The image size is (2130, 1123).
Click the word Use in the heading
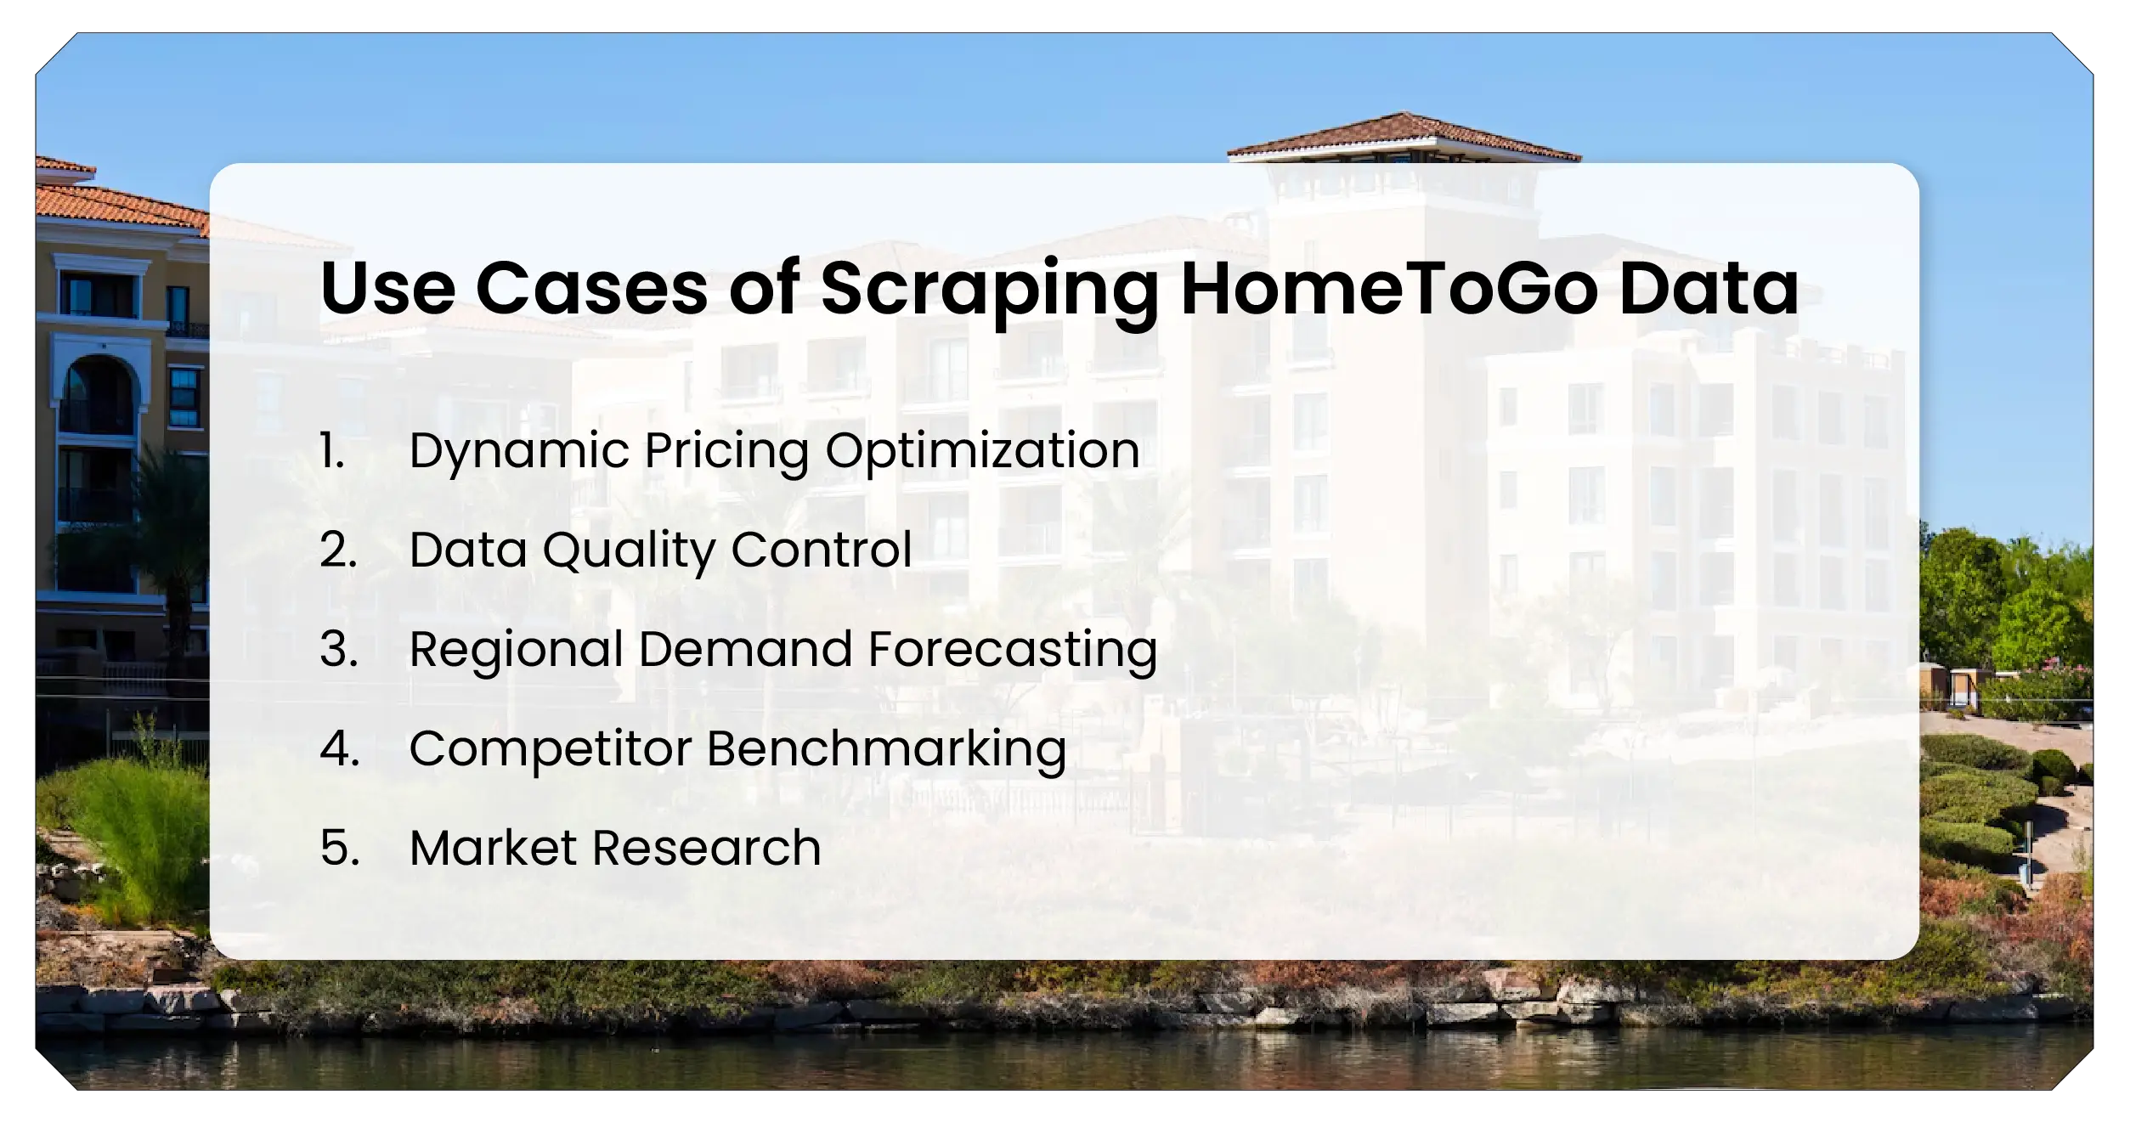coord(387,289)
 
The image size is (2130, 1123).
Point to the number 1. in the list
coord(332,450)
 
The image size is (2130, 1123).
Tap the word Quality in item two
coord(629,551)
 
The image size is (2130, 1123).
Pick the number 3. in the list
coord(338,649)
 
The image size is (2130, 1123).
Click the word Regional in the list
coord(516,651)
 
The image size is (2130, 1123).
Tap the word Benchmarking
coord(886,750)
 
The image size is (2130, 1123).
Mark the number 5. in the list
coord(339,848)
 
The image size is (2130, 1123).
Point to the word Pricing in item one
coord(726,452)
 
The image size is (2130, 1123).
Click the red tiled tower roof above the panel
coord(1403,138)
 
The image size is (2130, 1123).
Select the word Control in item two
coord(821,550)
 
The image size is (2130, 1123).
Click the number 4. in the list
coord(339,748)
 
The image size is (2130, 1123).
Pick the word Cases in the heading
coord(591,289)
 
